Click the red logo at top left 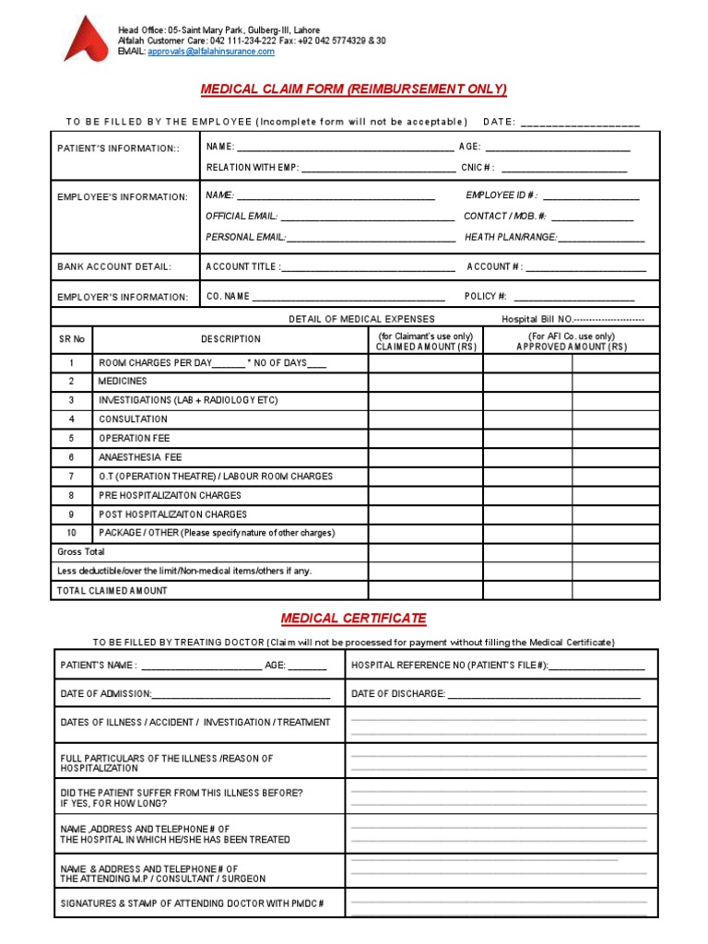(85, 40)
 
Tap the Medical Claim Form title (354, 88)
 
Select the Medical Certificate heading (354, 618)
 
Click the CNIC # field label (478, 168)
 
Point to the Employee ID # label (501, 195)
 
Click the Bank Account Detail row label (114, 266)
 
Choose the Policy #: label (486, 296)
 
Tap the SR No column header (72, 339)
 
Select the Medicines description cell (123, 381)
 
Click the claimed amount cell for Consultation (425, 419)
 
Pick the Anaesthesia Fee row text (140, 457)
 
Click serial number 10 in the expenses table (71, 533)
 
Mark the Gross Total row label (81, 551)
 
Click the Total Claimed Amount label (112, 590)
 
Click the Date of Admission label (106, 693)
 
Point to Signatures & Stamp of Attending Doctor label (192, 903)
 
